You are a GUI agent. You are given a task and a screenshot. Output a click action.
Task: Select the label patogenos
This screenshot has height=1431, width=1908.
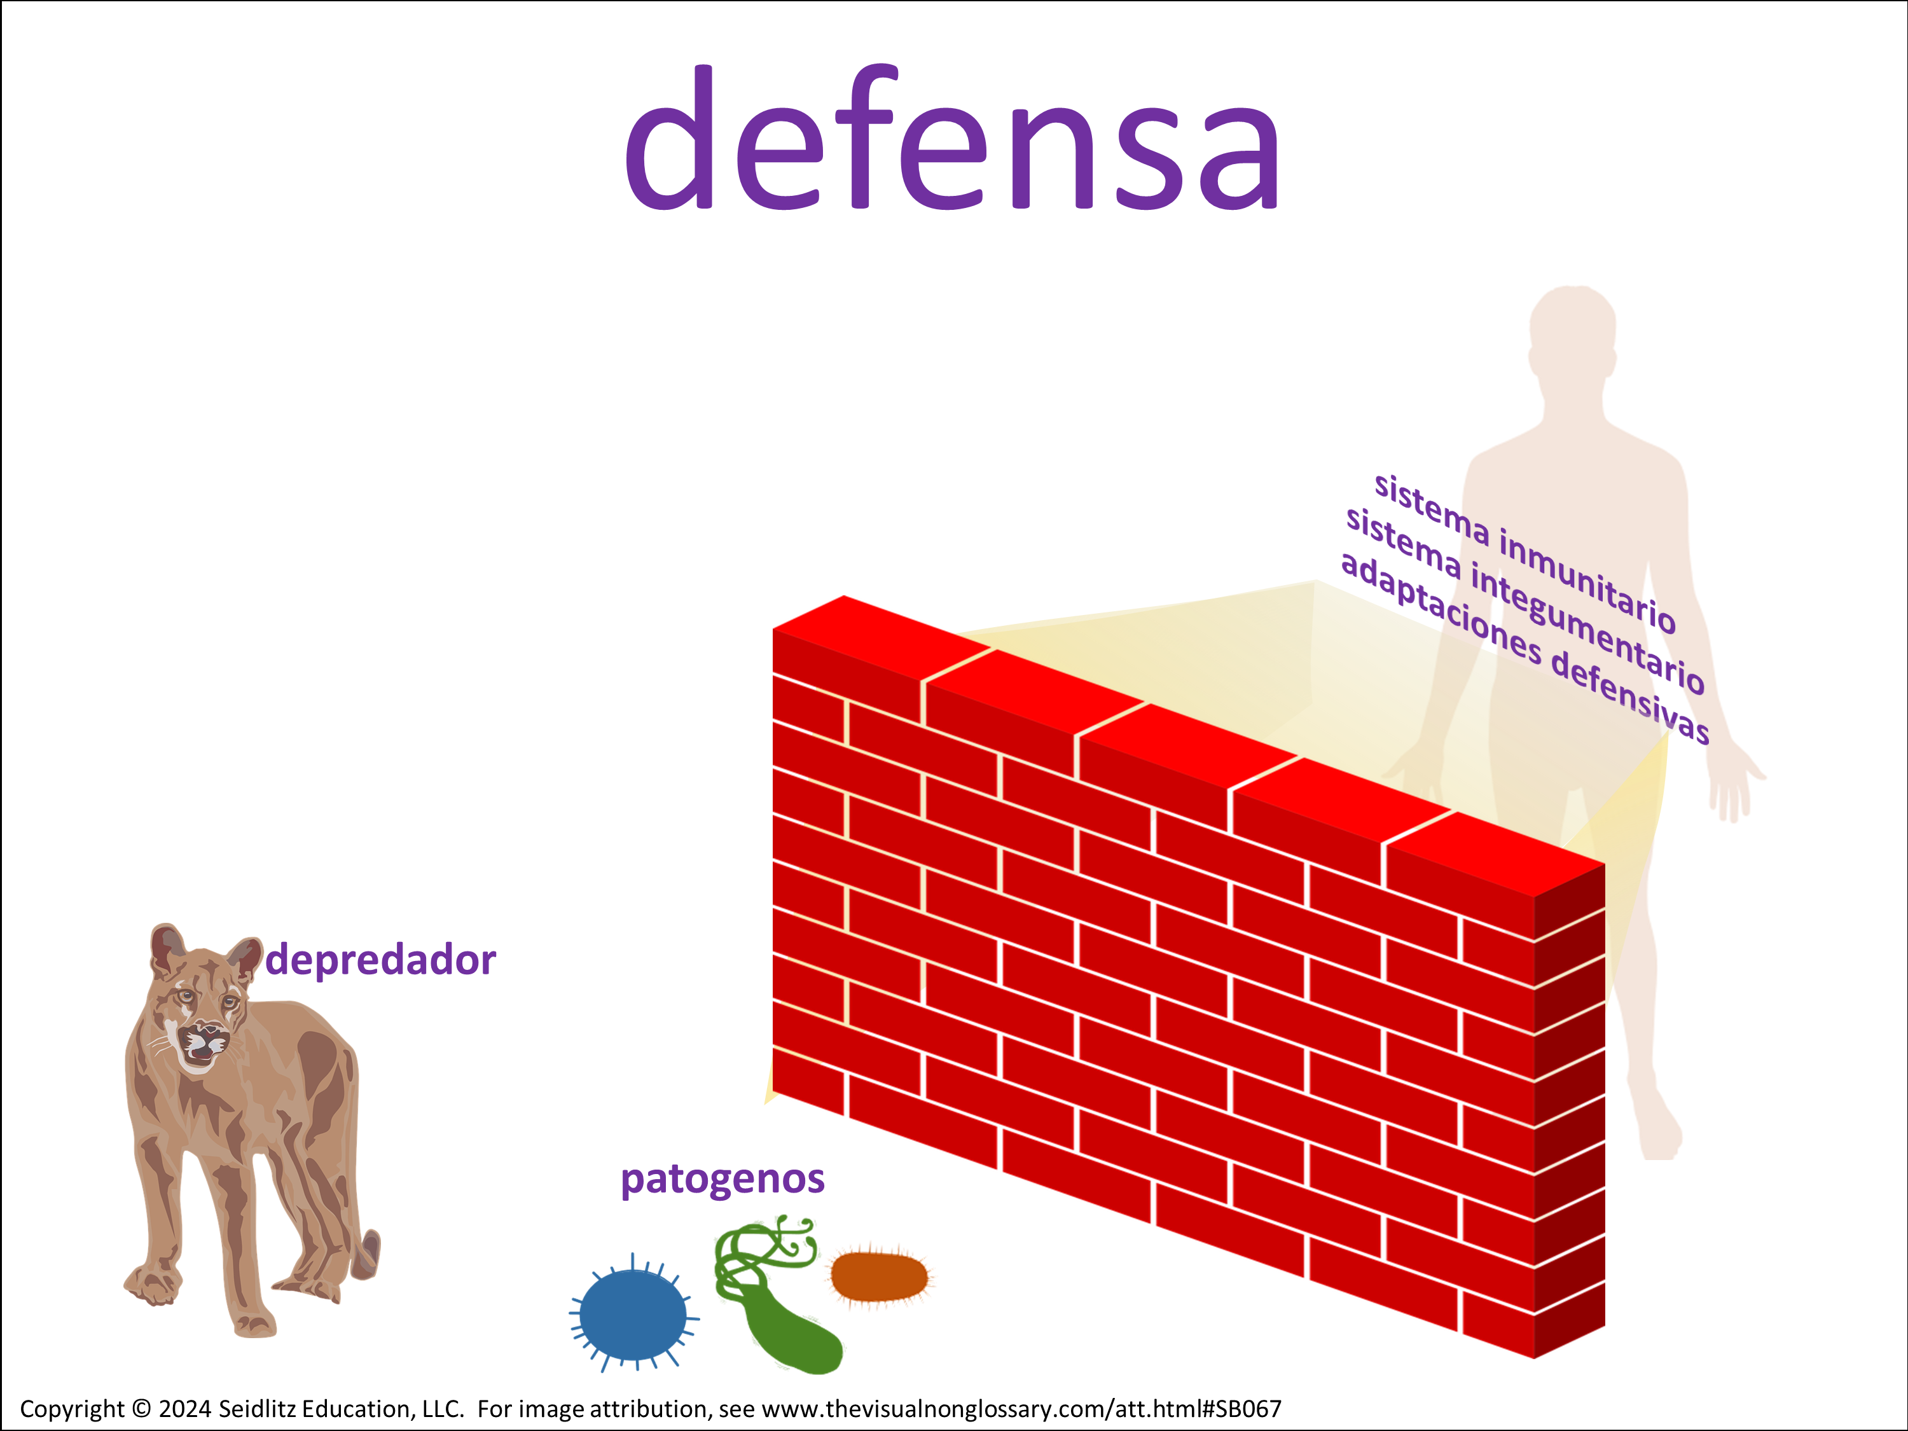point(723,1179)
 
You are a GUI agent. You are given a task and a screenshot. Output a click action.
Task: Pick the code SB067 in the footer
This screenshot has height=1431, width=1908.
point(1249,1409)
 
